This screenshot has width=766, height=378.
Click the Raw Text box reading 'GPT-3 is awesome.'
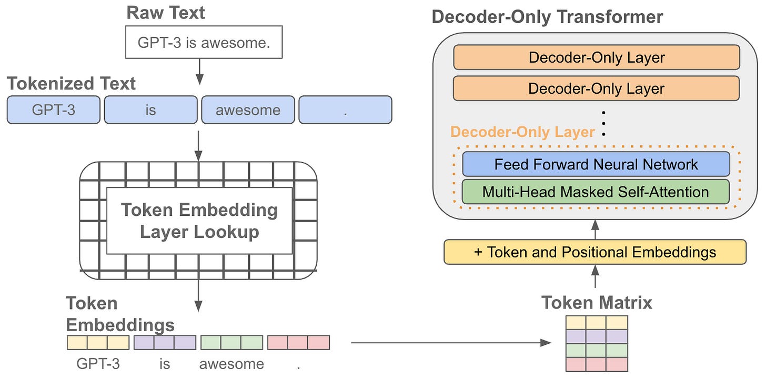[204, 43]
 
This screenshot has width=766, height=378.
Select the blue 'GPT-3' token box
[53, 110]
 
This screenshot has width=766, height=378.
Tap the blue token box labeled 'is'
[150, 110]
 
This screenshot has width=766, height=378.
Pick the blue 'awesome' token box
[248, 110]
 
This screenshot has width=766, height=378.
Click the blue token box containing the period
[345, 110]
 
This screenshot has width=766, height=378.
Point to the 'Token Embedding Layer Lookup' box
[199, 221]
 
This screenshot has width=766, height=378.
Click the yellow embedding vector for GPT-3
[98, 343]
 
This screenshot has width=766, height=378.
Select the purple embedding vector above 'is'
[165, 343]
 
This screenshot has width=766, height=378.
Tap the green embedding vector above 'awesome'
[231, 343]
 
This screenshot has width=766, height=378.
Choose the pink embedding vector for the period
[298, 343]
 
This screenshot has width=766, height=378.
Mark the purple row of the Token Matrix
[597, 336]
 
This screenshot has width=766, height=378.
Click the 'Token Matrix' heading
[597, 303]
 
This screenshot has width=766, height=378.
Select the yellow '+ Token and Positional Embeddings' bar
[595, 252]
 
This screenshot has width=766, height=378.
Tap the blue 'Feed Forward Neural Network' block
[596, 164]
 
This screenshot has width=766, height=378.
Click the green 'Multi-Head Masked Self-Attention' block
[596, 192]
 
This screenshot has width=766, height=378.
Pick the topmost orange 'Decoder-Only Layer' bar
[597, 57]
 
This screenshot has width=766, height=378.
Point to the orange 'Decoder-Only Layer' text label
[523, 132]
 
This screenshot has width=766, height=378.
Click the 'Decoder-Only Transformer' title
[547, 17]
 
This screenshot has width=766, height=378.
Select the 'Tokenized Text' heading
[71, 84]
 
